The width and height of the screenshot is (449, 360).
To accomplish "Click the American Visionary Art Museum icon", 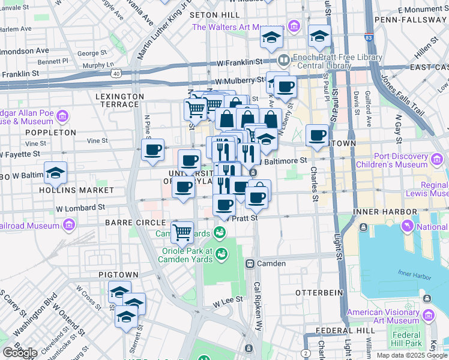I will point(428,316).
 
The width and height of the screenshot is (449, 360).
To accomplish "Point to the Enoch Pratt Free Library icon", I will point(284,60).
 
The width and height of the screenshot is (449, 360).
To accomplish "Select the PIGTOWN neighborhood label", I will point(119,274).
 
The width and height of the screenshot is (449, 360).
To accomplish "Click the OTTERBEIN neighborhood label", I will point(318,292).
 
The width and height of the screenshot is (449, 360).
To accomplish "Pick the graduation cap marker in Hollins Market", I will point(55,173).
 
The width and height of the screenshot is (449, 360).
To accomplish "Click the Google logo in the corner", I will point(20,352).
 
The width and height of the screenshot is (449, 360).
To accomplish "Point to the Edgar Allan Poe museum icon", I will point(65,115).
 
